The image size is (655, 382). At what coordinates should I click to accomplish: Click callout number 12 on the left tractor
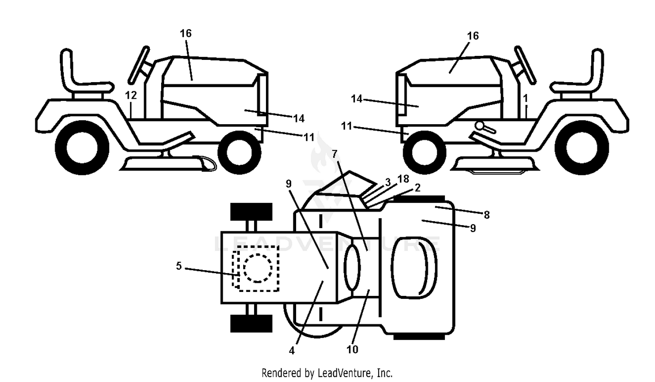click(x=131, y=95)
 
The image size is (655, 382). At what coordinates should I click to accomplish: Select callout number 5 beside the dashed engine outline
click(x=179, y=266)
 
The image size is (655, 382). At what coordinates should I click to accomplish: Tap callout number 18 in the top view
click(x=403, y=179)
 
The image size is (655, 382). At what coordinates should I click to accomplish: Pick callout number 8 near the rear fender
click(x=486, y=215)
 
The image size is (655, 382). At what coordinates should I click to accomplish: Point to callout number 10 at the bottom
click(x=352, y=349)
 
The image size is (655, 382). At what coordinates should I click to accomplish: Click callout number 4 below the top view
click(x=292, y=351)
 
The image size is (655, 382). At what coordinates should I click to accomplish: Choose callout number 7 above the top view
click(x=334, y=153)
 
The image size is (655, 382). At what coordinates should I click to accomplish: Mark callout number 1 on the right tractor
click(x=525, y=98)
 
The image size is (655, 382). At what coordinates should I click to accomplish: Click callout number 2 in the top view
click(x=417, y=188)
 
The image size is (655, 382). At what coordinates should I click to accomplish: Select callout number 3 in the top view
click(x=388, y=182)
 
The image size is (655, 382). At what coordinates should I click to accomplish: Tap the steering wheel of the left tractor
click(x=138, y=66)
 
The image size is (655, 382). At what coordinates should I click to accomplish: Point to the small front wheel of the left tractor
click(x=239, y=153)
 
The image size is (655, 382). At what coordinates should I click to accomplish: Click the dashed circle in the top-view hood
click(x=258, y=268)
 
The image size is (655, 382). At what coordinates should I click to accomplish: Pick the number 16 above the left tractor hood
click(x=186, y=33)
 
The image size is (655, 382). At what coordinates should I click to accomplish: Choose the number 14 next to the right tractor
click(x=357, y=99)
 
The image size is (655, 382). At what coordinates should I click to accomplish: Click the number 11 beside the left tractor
click(x=309, y=137)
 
